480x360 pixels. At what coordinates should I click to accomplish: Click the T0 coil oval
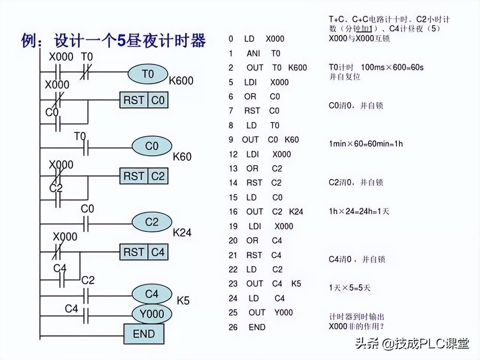click(147, 74)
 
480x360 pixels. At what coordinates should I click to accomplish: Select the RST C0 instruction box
click(144, 100)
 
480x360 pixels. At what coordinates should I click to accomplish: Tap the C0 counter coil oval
click(151, 146)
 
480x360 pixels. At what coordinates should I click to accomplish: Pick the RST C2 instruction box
click(144, 176)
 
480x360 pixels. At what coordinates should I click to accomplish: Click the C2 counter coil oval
click(151, 222)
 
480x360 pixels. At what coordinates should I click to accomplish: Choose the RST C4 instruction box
click(144, 252)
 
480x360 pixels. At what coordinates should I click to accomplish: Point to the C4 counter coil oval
click(151, 294)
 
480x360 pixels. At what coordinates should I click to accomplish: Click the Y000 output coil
click(151, 313)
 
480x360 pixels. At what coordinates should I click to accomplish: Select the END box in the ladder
click(144, 334)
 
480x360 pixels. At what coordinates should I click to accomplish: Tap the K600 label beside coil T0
click(181, 81)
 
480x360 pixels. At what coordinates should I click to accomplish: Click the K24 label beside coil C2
click(182, 232)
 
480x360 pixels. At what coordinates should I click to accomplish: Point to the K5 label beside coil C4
click(183, 300)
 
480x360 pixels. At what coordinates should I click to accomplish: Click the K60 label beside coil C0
click(182, 156)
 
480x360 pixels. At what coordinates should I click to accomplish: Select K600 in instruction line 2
click(297, 68)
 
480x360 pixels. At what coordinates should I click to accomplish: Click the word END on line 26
click(257, 327)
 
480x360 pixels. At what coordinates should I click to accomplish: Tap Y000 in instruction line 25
click(283, 313)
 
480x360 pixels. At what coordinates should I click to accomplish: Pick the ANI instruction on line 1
click(253, 54)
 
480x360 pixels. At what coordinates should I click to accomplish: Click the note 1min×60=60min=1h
click(366, 144)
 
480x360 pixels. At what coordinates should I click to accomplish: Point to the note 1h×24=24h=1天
click(359, 211)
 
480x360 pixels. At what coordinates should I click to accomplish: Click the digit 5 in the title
click(121, 40)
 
